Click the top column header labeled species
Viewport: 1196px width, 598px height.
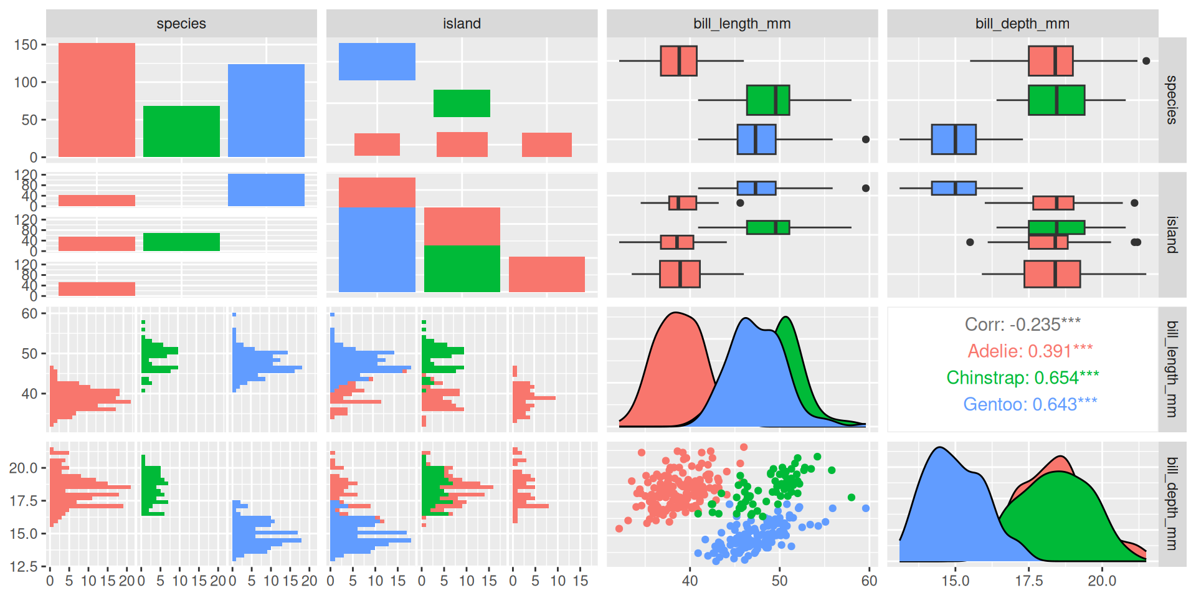coord(181,24)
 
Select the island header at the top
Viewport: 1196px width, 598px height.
coord(462,24)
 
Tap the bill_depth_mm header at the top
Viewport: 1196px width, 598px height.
coord(1022,24)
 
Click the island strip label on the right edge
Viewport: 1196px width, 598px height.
coord(1172,234)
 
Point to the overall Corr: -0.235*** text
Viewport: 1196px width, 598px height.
coord(1022,324)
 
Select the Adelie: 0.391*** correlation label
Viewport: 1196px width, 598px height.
coord(1030,351)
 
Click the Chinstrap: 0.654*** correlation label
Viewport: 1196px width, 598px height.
coord(1022,377)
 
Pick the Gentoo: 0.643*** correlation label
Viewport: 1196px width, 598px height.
coord(1030,404)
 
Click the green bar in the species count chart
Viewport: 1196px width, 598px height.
coord(181,131)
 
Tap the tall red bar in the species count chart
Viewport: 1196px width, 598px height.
coord(97,100)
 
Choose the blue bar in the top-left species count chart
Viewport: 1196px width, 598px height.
coord(266,110)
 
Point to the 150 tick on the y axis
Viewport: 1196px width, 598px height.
coord(26,45)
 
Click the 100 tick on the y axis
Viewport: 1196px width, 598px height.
coord(26,82)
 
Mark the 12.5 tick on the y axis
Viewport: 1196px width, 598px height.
coord(23,566)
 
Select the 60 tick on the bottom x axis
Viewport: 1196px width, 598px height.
coord(869,581)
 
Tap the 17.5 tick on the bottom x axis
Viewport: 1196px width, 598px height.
coord(1028,581)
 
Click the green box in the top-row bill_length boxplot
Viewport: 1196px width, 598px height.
coord(767,100)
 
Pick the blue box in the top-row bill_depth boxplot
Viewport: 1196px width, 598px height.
coord(953,139)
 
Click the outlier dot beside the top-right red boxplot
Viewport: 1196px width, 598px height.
coord(1146,61)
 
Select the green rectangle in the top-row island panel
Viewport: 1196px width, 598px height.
coord(462,103)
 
